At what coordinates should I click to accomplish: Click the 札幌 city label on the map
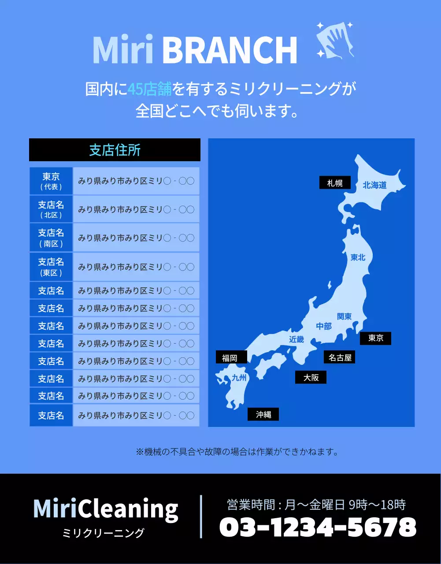[335, 183]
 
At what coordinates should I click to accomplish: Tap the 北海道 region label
[374, 186]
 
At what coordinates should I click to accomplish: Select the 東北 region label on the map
[358, 258]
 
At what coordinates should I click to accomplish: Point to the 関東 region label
[344, 316]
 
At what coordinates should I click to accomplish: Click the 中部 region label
[324, 327]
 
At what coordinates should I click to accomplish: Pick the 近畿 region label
[296, 339]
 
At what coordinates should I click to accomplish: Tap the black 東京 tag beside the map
[375, 338]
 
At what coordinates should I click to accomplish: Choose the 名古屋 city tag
[340, 358]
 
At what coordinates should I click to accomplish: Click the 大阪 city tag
[311, 378]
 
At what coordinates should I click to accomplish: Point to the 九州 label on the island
[239, 378]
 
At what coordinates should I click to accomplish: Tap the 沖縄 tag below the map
[263, 415]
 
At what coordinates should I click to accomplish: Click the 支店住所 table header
[115, 150]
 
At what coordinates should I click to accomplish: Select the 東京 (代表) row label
[51, 181]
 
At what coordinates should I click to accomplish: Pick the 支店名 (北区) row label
[51, 209]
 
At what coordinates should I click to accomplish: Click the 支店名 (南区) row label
[51, 237]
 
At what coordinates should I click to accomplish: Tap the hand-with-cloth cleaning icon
[336, 40]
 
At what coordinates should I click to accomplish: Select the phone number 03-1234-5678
[318, 527]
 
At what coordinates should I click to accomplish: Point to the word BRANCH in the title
[230, 50]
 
